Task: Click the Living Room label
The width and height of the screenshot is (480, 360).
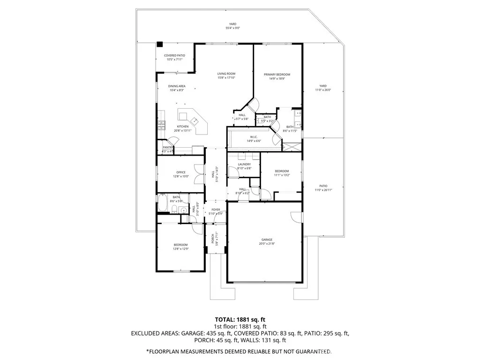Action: [x=226, y=74]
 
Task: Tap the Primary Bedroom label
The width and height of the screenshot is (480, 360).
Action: [x=277, y=75]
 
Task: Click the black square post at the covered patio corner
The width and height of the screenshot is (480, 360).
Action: [x=159, y=45]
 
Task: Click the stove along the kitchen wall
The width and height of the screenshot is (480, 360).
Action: [x=161, y=124]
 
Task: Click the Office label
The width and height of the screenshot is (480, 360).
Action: [x=180, y=172]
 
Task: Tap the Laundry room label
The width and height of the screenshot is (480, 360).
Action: [x=244, y=164]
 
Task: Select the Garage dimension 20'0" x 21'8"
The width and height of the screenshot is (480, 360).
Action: [x=267, y=244]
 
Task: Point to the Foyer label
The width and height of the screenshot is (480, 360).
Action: [x=216, y=210]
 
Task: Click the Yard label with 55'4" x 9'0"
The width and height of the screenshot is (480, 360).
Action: [x=232, y=24]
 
